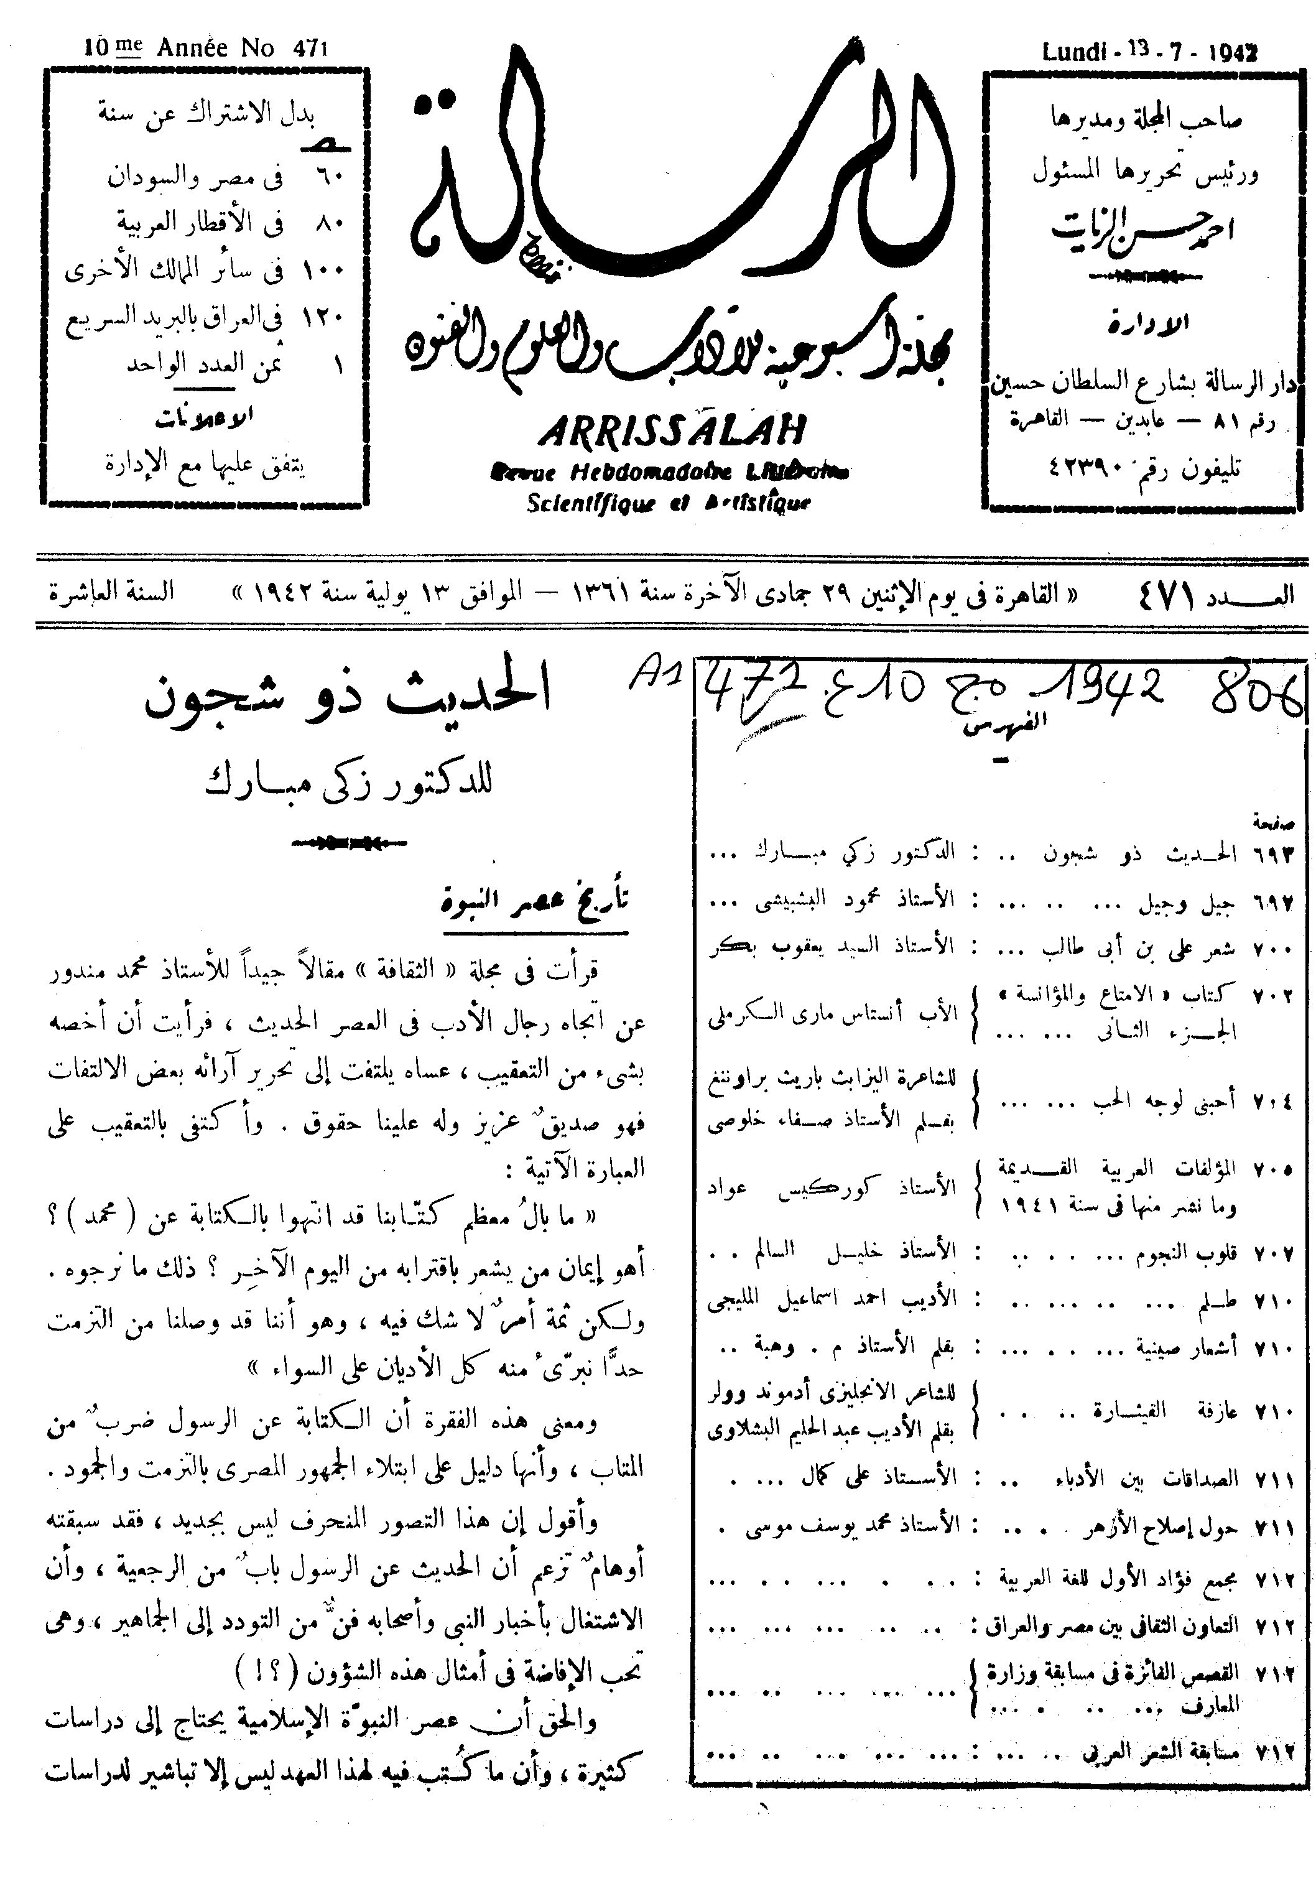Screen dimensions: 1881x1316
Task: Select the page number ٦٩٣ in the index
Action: (x=1272, y=853)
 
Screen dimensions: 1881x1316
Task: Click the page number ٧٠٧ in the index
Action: (x=1272, y=1253)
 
